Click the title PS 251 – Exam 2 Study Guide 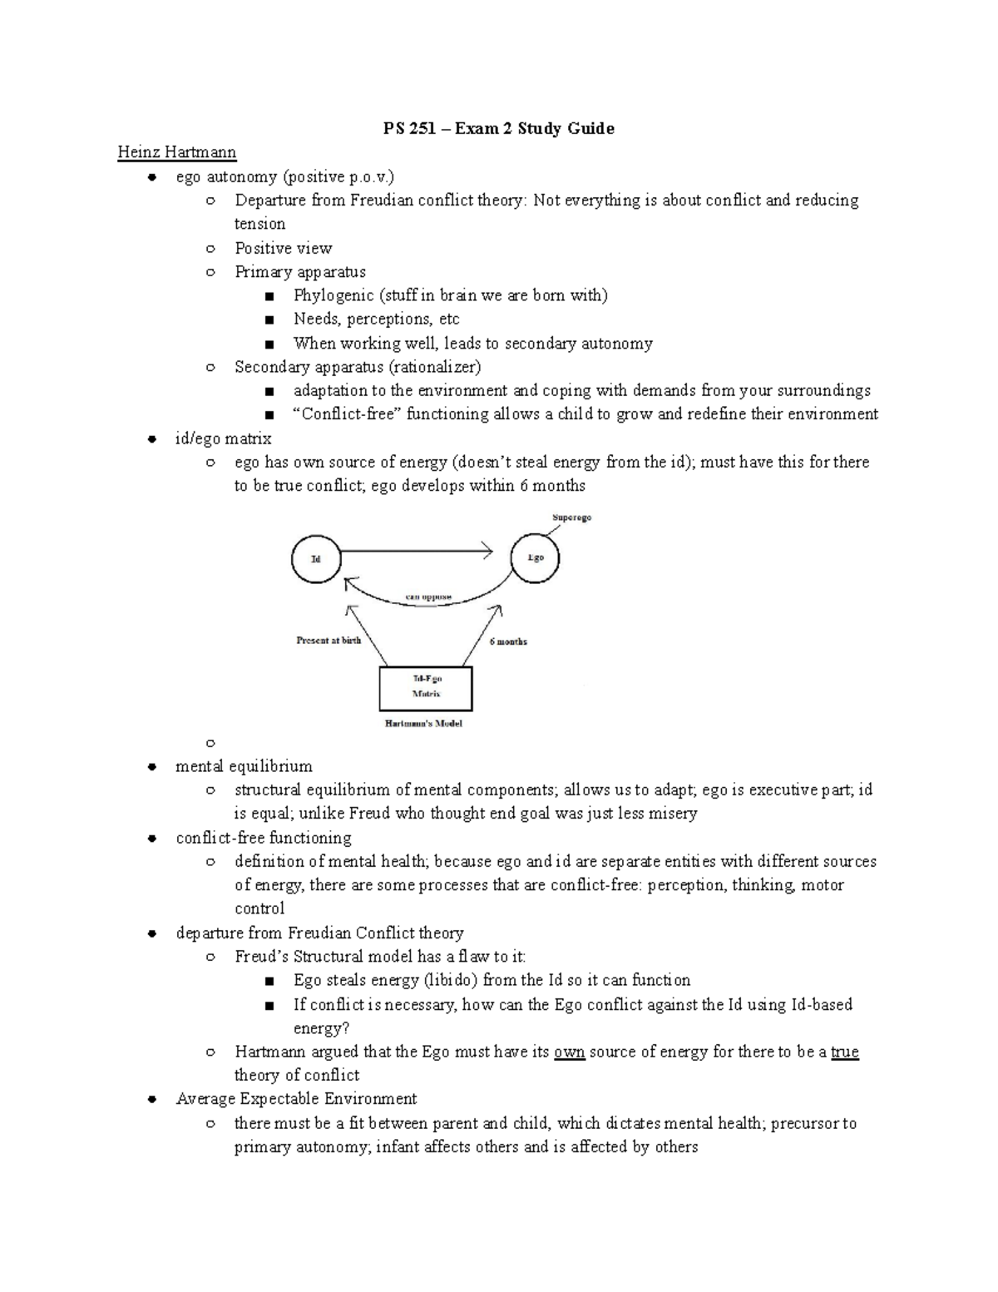(x=498, y=128)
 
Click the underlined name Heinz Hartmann (x=177, y=152)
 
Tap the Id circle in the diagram (x=316, y=558)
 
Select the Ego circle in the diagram (x=535, y=557)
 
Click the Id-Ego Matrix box (x=426, y=687)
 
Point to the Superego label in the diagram (x=571, y=517)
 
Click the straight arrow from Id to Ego (x=416, y=550)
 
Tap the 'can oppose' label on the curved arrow (x=428, y=596)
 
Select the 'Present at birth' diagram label (x=329, y=641)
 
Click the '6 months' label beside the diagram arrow (x=508, y=641)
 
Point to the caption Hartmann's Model (x=423, y=723)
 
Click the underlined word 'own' (x=570, y=1052)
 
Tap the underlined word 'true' (x=844, y=1052)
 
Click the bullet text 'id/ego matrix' (x=223, y=438)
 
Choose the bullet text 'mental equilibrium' (x=244, y=765)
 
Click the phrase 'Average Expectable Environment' (x=296, y=1099)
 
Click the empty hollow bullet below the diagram (x=210, y=742)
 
